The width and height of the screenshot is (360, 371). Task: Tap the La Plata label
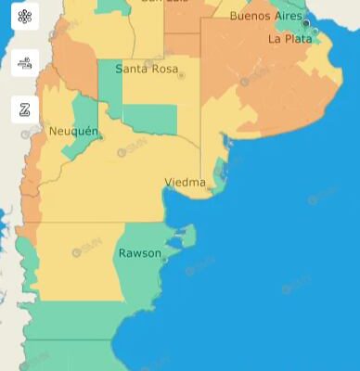point(289,39)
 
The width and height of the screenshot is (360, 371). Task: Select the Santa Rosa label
point(147,69)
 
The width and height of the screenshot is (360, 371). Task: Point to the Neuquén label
point(72,132)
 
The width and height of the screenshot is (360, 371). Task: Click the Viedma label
point(185,183)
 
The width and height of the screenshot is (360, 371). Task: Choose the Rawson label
point(139,253)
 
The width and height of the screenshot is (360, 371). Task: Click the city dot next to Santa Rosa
point(182,75)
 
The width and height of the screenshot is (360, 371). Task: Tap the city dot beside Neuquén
point(101,138)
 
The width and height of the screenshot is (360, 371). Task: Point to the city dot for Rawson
point(164,260)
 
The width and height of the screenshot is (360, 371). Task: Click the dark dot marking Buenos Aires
point(305,23)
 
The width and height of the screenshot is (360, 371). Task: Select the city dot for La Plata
point(315,32)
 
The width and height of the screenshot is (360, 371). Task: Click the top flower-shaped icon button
point(25,16)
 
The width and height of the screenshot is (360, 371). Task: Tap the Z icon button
point(25,109)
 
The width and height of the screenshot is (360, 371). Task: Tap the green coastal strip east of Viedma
point(220,173)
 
